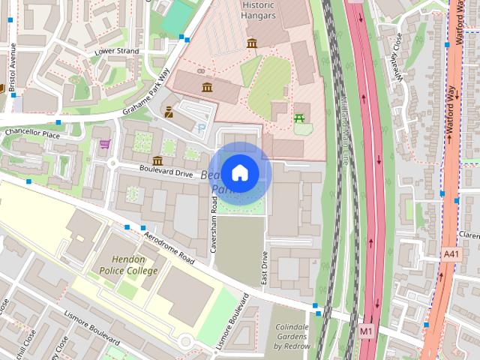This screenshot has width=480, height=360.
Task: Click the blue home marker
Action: pos(239,173)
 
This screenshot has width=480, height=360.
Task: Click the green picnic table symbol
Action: pos(300,118)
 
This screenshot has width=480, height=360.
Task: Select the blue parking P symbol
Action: pos(199,128)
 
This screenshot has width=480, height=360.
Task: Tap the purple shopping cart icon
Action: pos(105,143)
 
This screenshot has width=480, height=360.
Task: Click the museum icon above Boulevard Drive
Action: pos(157,160)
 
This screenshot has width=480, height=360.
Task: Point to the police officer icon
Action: pos(169,113)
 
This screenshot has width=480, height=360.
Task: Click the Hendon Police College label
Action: pos(125,265)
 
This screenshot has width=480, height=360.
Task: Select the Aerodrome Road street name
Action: pos(169,248)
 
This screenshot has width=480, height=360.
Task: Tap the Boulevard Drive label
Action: pos(166,171)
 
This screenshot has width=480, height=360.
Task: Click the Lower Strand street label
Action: pos(116,51)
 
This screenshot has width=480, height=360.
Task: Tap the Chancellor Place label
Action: pos(31,133)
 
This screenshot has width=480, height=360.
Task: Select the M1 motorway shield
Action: pos(365,330)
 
